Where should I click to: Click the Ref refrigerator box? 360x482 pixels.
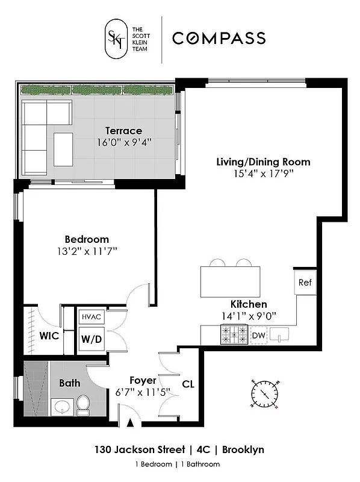pyautogui.click(x=305, y=282)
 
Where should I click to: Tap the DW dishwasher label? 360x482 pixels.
pyautogui.click(x=259, y=336)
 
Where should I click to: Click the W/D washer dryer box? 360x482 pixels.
pyautogui.click(x=92, y=339)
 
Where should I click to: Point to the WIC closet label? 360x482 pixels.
pyautogui.click(x=49, y=336)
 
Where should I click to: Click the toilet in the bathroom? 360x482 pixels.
pyautogui.click(x=83, y=405)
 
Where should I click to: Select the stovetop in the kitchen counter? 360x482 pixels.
pyautogui.click(x=235, y=335)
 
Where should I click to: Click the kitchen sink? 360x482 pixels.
pyautogui.click(x=280, y=334)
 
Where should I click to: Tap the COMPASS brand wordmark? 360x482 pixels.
pyautogui.click(x=219, y=39)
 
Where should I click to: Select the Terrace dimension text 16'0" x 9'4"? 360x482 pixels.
pyautogui.click(x=123, y=143)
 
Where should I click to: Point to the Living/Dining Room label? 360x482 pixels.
pyautogui.click(x=263, y=161)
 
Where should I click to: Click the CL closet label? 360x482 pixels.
pyautogui.click(x=187, y=383)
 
